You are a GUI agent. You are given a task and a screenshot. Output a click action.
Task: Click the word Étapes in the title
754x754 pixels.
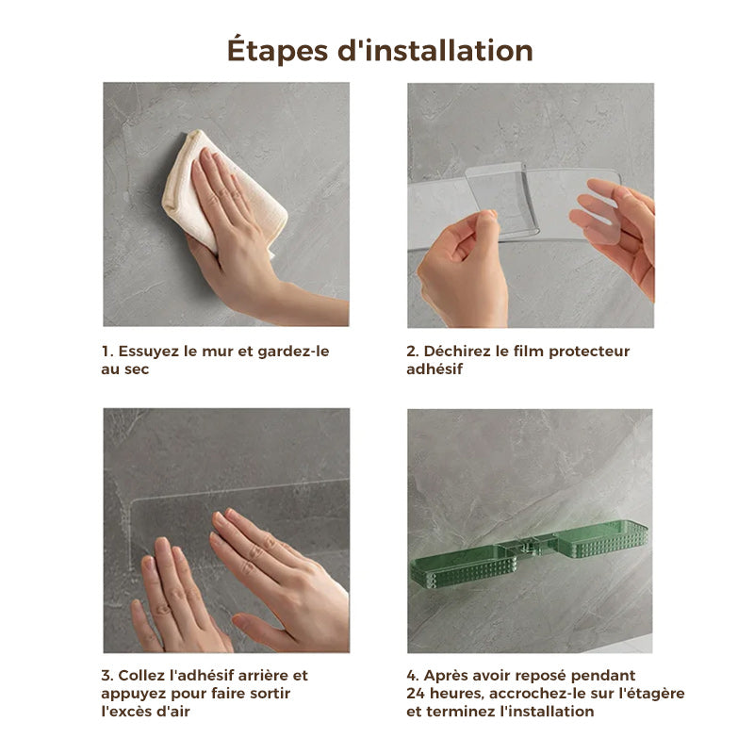click(277, 51)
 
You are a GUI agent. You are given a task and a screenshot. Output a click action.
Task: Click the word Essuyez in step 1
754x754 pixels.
click(149, 352)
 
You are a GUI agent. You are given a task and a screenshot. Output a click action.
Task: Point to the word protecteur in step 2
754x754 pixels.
click(589, 352)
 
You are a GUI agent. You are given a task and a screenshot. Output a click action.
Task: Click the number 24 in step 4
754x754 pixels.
click(416, 694)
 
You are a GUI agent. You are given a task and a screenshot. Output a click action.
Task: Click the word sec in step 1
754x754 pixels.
click(137, 369)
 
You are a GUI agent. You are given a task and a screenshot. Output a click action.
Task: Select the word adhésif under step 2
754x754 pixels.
click(434, 369)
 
